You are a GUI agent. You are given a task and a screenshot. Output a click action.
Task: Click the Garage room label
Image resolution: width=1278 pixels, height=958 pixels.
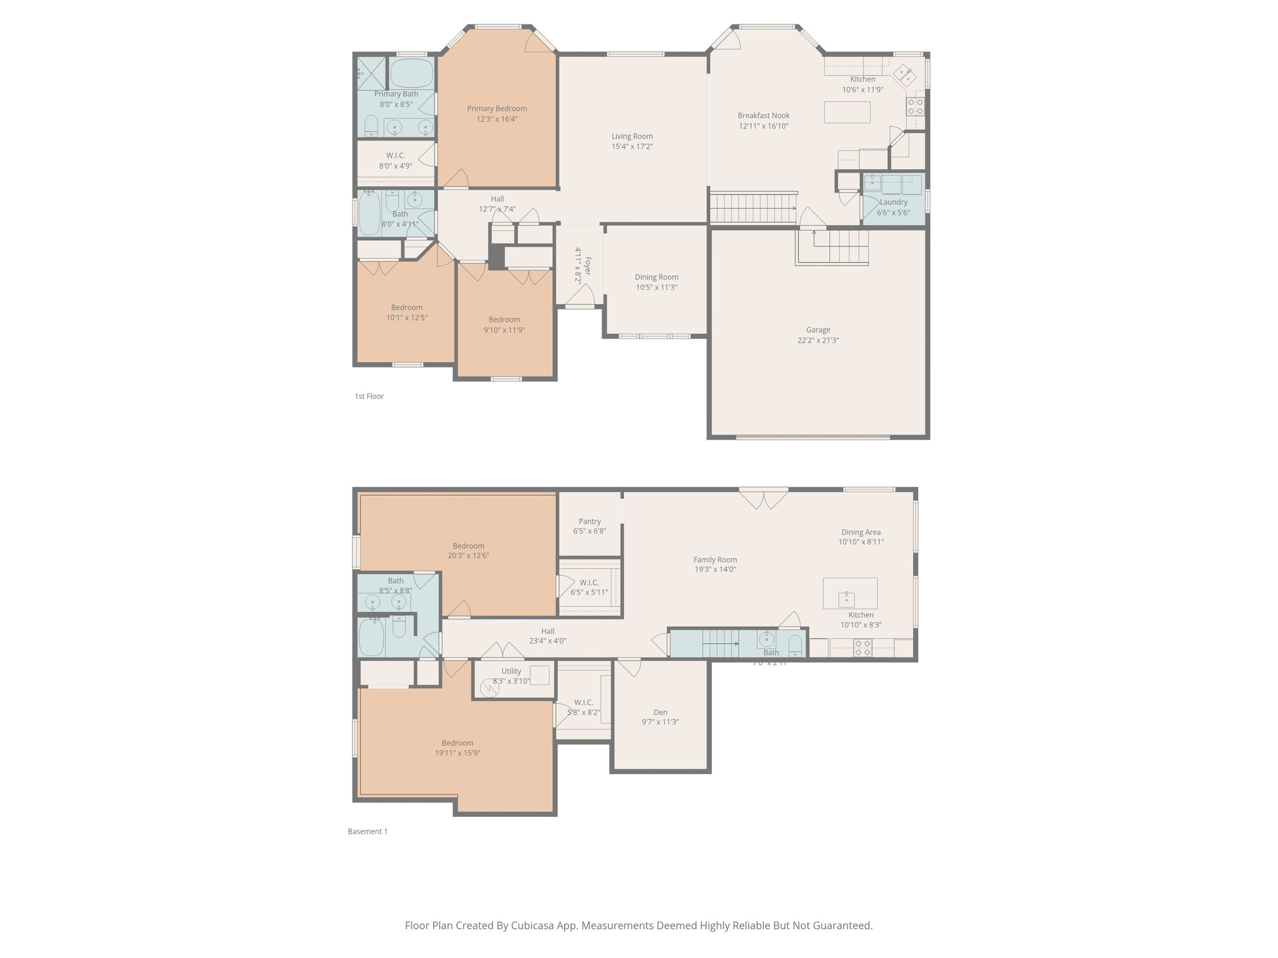(817, 330)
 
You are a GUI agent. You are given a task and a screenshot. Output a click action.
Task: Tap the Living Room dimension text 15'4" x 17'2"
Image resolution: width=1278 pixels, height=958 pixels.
(632, 147)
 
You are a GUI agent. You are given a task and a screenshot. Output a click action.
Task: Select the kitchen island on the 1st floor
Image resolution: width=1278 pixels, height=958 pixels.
(847, 112)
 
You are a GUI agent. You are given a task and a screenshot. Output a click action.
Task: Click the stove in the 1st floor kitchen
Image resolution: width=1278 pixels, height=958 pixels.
(915, 107)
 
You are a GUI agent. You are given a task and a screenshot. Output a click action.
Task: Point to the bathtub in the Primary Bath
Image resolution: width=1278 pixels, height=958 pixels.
(412, 74)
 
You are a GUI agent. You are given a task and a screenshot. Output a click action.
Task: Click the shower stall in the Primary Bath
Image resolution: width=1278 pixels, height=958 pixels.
(371, 73)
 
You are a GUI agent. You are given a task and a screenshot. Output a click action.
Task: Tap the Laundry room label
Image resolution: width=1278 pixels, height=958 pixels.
(893, 202)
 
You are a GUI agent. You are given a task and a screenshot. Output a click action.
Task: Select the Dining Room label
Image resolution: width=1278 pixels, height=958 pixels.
(656, 278)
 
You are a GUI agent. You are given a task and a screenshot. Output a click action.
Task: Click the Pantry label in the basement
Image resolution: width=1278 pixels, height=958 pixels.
(589, 521)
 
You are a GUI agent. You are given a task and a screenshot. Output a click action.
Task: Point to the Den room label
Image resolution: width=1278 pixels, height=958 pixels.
(660, 712)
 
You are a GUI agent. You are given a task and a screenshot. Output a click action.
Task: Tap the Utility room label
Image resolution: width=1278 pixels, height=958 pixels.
(511, 672)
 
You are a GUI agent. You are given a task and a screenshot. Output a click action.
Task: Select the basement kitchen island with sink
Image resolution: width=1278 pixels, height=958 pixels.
(849, 593)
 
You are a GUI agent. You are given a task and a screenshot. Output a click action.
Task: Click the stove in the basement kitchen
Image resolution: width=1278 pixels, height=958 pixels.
(862, 648)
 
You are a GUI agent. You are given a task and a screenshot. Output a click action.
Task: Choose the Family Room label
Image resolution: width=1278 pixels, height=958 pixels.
(715, 560)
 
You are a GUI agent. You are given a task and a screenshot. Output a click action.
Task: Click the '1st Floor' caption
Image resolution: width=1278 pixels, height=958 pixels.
(369, 396)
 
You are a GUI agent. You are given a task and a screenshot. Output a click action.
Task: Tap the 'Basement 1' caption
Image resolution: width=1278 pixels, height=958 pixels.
(368, 831)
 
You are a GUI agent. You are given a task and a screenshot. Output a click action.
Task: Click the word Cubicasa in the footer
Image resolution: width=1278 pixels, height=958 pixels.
(534, 926)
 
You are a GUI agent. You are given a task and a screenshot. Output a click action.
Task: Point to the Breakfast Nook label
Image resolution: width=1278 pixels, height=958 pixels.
(763, 115)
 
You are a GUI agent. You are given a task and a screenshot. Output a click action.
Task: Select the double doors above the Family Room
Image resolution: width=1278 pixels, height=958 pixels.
(763, 498)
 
